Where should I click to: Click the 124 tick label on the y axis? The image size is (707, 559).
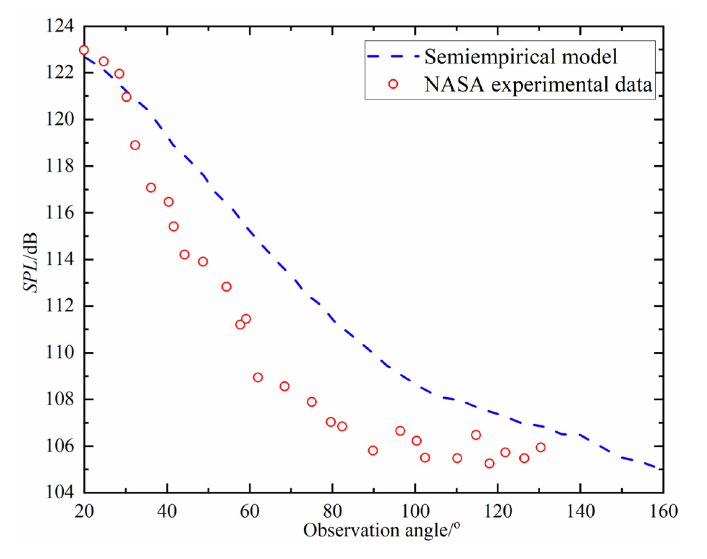point(59,26)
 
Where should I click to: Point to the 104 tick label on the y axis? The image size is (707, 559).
point(59,492)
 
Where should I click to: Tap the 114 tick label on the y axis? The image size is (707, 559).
point(59,259)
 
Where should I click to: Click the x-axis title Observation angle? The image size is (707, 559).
point(381,530)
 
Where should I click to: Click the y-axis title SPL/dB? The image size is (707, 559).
point(30,262)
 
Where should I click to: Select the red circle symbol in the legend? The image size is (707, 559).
point(393,84)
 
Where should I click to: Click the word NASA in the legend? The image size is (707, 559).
point(454,85)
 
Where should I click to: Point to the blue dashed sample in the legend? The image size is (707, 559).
point(393,56)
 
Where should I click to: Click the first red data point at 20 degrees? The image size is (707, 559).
point(84,50)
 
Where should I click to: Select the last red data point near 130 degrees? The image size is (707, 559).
point(540,447)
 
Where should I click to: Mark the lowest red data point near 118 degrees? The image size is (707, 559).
point(489,463)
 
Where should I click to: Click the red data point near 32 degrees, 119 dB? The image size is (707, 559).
point(135,145)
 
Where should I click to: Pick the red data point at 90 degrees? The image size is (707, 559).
point(373,450)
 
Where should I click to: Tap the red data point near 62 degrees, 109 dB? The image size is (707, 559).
point(257,377)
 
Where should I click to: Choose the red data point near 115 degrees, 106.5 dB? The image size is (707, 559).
point(476,435)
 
